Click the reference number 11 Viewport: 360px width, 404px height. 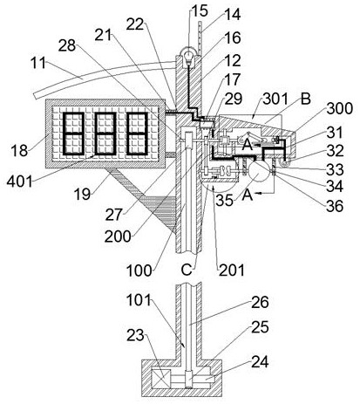[x=38, y=63]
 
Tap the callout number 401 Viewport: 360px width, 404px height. [x=19, y=182]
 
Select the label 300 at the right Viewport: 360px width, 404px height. [x=339, y=108]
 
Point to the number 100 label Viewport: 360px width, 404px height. [x=139, y=270]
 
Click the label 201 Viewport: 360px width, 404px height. [x=231, y=270]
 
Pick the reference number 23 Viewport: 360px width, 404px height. [x=135, y=335]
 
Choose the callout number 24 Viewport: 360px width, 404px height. [x=260, y=362]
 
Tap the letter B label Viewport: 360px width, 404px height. [x=305, y=99]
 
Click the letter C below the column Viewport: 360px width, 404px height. [x=187, y=270]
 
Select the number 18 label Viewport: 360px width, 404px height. [x=19, y=151]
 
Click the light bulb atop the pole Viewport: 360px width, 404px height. [x=188, y=56]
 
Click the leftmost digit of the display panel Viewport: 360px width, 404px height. [x=73, y=134]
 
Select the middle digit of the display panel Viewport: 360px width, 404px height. [x=105, y=134]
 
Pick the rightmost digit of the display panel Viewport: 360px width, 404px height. [x=137, y=134]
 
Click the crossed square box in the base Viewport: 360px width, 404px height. [x=161, y=379]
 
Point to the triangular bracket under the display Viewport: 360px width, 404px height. [x=146, y=198]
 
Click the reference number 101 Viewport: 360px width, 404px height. [x=139, y=300]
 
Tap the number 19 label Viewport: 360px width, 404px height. [x=82, y=194]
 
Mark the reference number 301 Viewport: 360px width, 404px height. [x=275, y=99]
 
